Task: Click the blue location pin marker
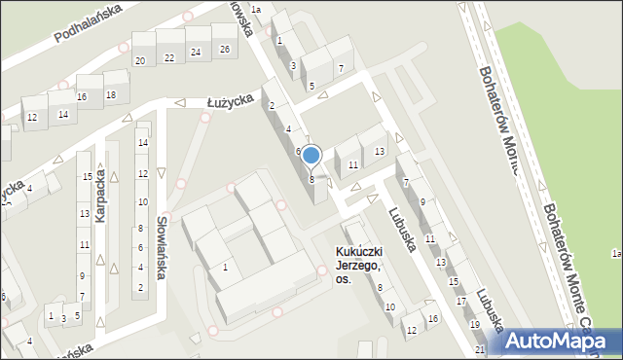pos(311,156)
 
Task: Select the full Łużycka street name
pos(232,98)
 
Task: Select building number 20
pos(140,60)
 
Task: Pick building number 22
pos(169,57)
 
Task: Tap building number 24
pos(196,53)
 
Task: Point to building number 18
pos(110,94)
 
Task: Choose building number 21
pos(480,349)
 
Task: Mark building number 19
pos(474,324)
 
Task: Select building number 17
pos(461,302)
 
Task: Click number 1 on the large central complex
pos(226,267)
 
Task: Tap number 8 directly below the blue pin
pos(311,179)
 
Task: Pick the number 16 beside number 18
pos(82,96)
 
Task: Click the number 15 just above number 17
pos(453,281)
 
